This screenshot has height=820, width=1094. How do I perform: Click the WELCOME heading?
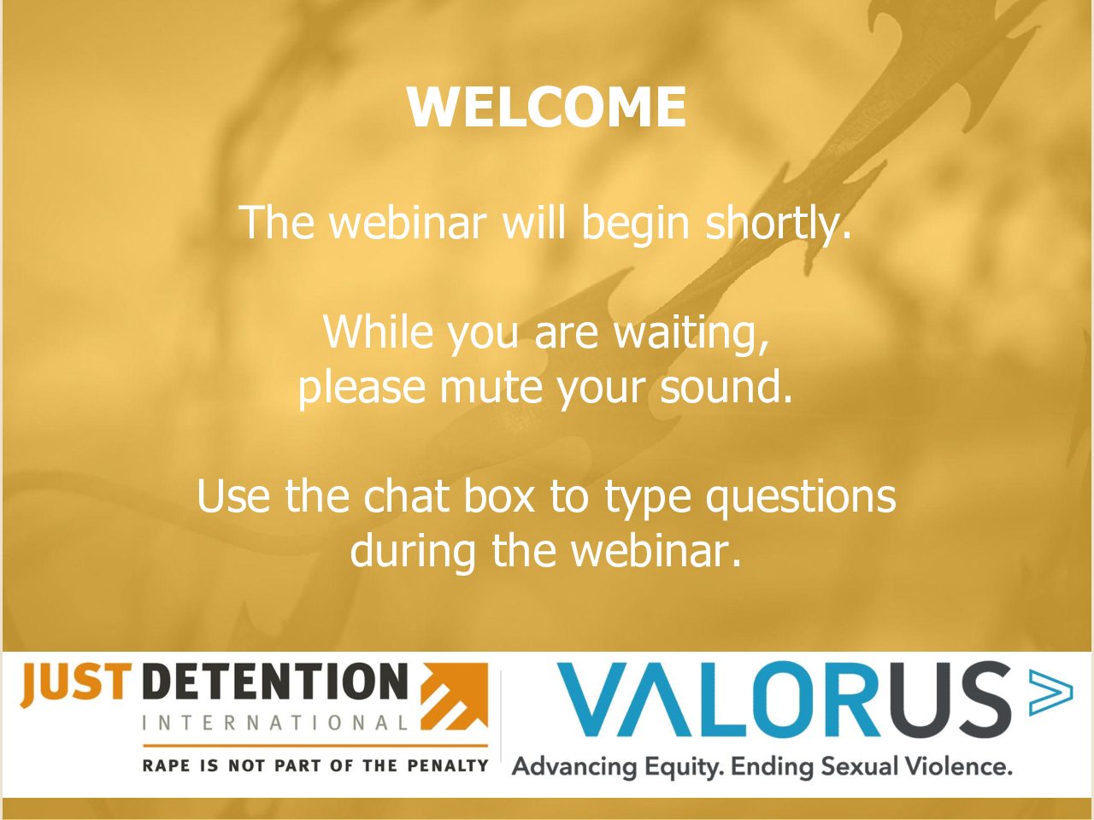point(547,108)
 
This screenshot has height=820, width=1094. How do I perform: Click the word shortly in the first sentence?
point(778,223)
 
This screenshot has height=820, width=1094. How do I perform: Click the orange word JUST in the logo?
point(73,683)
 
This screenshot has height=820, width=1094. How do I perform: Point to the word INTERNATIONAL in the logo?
point(275,723)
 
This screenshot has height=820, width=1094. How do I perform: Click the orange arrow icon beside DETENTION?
point(455,696)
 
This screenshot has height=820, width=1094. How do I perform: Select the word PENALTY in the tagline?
point(447,765)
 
